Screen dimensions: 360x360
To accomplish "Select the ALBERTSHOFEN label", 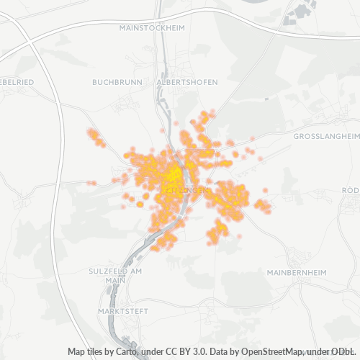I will [187, 82].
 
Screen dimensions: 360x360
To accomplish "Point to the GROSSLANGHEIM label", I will [326, 135].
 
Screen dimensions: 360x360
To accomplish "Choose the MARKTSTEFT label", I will [120, 311].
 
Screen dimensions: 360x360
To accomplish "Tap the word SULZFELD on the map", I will [109, 271].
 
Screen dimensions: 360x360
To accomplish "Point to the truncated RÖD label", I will [351, 189].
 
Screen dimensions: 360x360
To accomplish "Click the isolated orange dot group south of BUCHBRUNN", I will [95, 137].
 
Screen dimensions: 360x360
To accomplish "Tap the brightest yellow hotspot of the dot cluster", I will [174, 176].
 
